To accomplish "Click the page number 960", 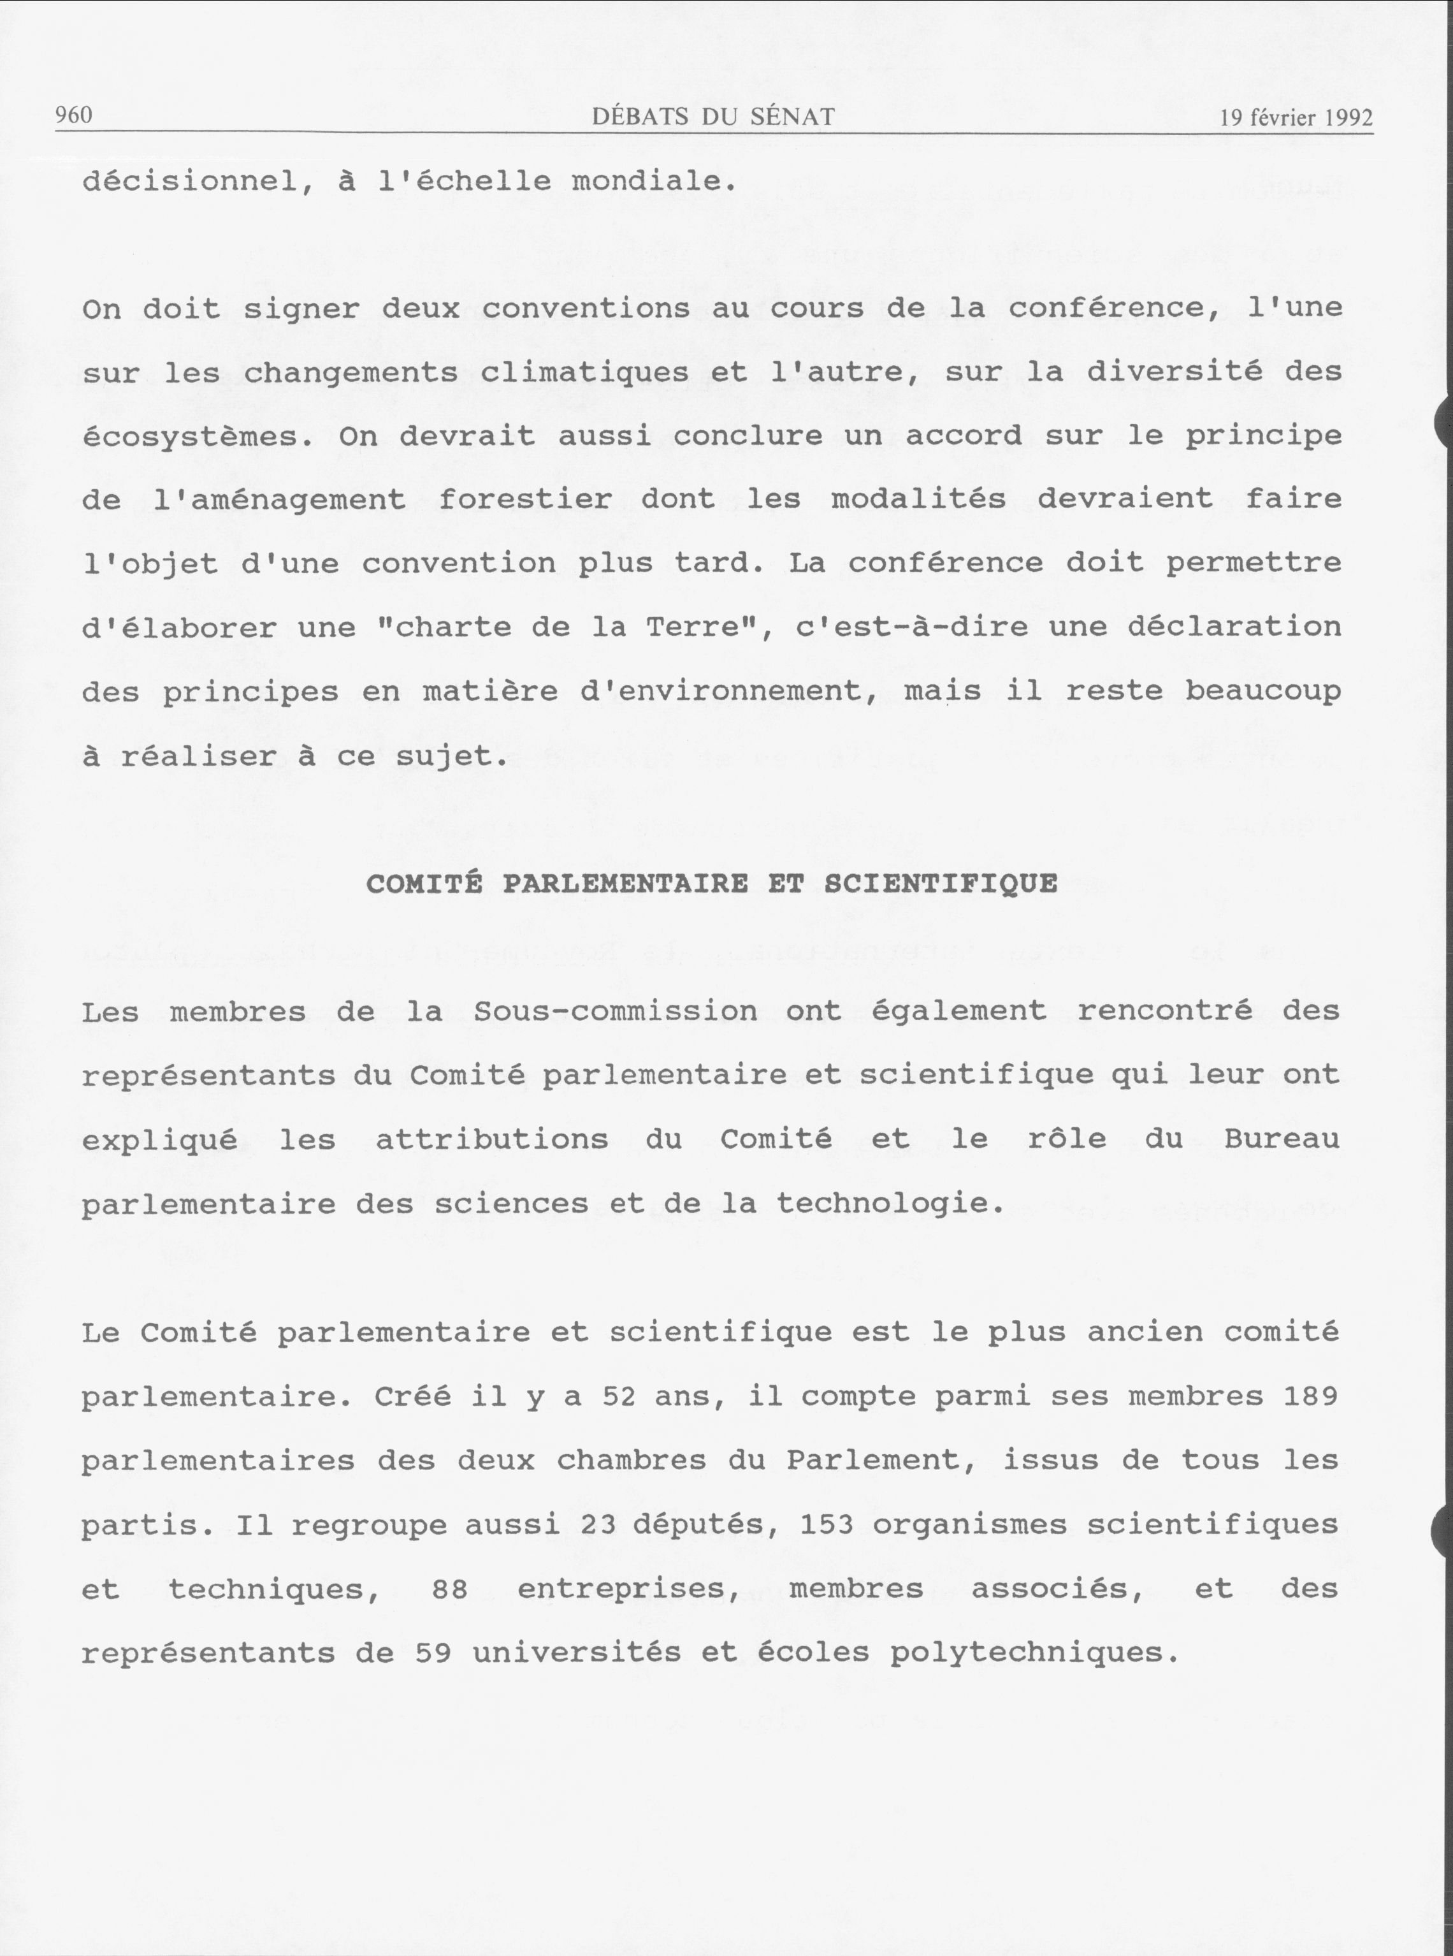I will [74, 115].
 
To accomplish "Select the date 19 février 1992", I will [1296, 118].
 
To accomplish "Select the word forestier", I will [525, 500].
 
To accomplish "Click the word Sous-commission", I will [615, 1012].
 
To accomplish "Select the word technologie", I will [888, 1204].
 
